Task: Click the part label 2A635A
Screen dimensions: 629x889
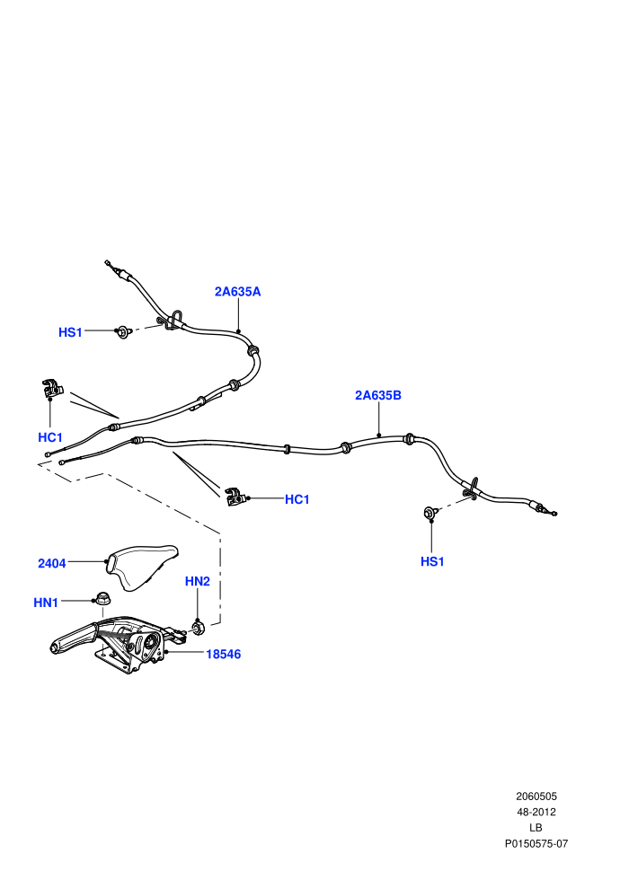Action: pyautogui.click(x=237, y=292)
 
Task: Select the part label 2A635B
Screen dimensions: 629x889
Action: pyautogui.click(x=378, y=395)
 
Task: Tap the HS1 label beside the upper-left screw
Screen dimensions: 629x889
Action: pyautogui.click(x=70, y=332)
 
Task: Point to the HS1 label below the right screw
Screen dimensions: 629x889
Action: pyautogui.click(x=432, y=561)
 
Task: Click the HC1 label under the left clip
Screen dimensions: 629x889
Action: pyautogui.click(x=50, y=437)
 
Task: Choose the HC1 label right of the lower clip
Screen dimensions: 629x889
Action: pyautogui.click(x=297, y=499)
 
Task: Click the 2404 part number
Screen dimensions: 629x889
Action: pyautogui.click(x=51, y=563)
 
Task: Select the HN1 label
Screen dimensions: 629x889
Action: pyautogui.click(x=46, y=603)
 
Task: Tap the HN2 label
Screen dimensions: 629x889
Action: pyautogui.click(x=198, y=581)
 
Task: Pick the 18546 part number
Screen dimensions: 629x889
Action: pyautogui.click(x=223, y=654)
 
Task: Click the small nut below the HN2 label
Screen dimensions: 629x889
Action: pyautogui.click(x=199, y=627)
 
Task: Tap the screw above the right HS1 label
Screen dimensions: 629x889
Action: pyautogui.click(x=431, y=513)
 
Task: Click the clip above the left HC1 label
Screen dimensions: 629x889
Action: pyautogui.click(x=52, y=388)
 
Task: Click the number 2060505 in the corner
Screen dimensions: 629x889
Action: pyautogui.click(x=536, y=796)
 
